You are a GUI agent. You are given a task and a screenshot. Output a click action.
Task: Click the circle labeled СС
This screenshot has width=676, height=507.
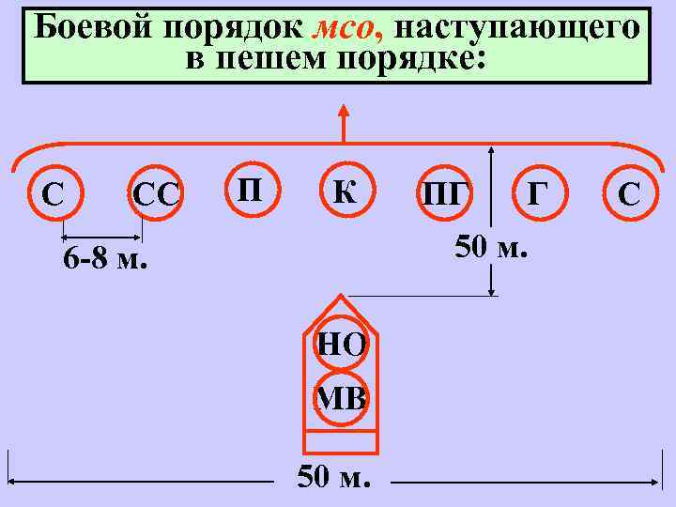pos(155,194)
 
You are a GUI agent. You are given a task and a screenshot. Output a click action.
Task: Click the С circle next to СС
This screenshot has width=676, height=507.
pos(54,194)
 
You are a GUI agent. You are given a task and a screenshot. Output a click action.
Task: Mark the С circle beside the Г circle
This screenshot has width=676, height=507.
pos(629,193)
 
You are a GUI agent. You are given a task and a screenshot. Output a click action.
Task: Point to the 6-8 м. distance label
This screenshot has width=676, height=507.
pos(105,259)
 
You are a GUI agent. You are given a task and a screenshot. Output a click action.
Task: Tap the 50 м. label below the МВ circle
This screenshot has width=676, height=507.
pos(334,477)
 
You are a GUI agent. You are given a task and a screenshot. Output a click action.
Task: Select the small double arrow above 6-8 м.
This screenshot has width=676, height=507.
pos(101,238)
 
